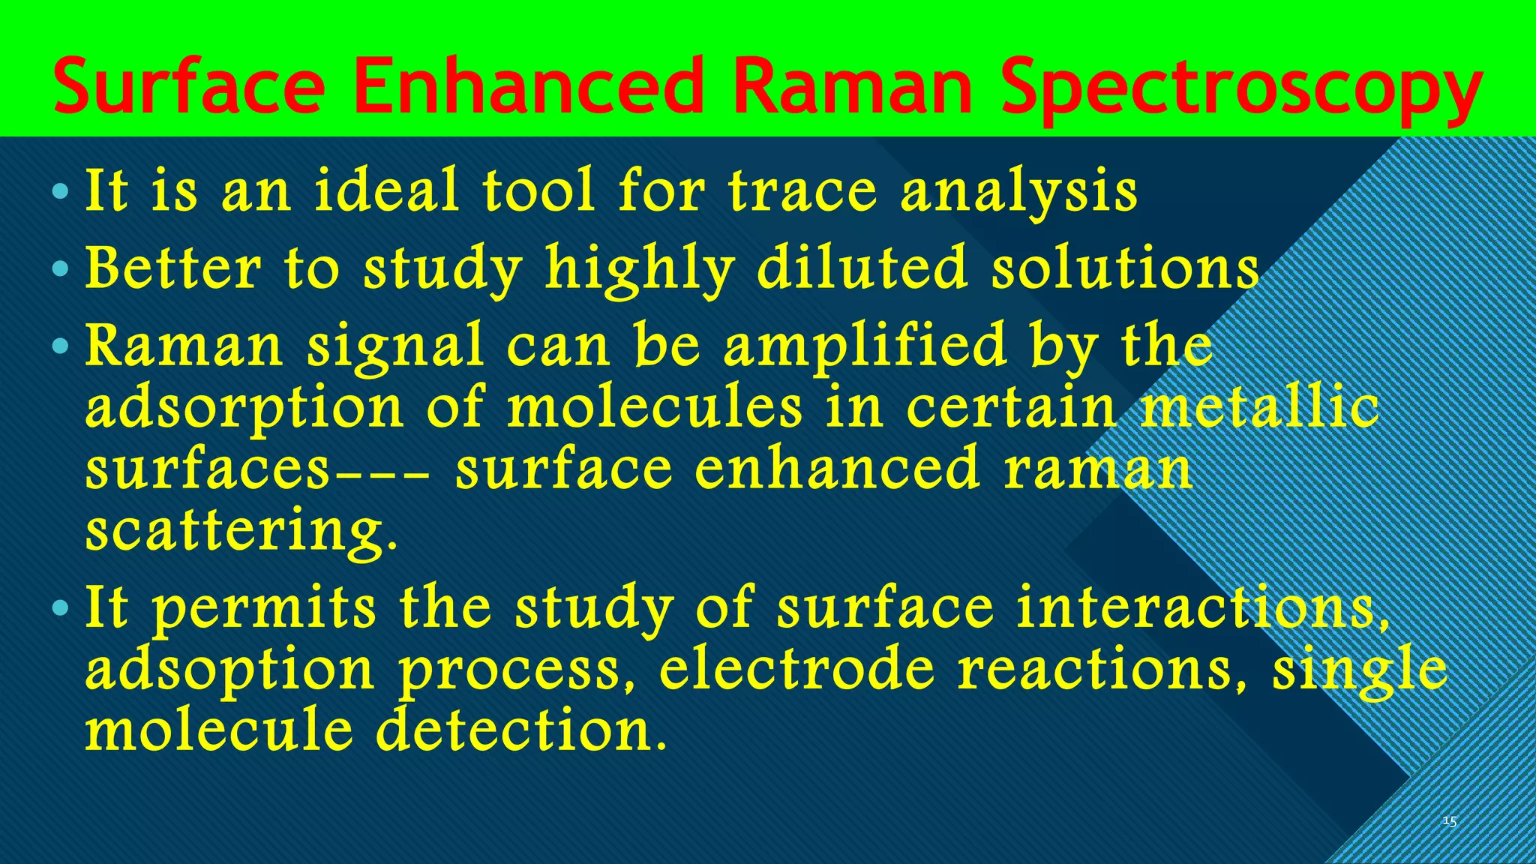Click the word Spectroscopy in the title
pyautogui.click(x=1240, y=90)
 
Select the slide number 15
pyautogui.click(x=1449, y=822)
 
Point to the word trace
pyautogui.click(x=802, y=190)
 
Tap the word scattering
pyautogui.click(x=240, y=531)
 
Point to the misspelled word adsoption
pyautogui.click(x=229, y=670)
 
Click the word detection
pyautogui.click(x=520, y=731)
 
